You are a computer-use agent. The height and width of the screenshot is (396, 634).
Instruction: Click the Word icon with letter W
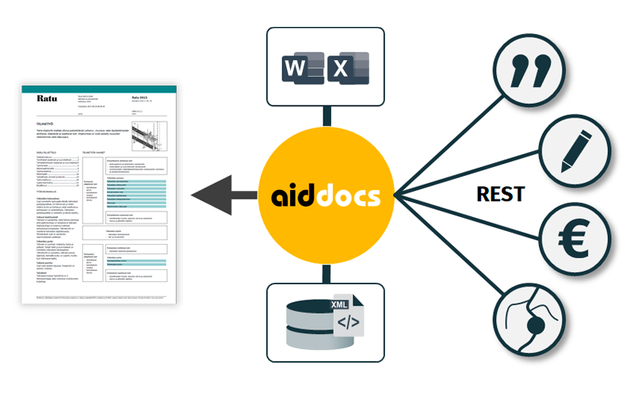pos(296,67)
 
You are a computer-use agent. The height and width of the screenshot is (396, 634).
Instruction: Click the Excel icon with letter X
pos(341,68)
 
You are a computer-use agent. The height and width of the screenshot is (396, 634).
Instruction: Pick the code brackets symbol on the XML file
pos(349,323)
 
